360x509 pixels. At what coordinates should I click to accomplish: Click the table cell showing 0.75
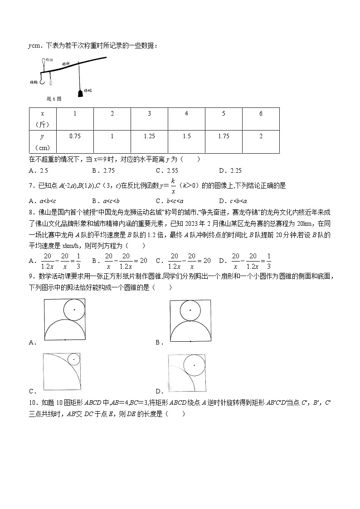pyautogui.click(x=75, y=136)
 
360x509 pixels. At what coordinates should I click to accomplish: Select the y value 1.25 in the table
pyautogui.click(x=149, y=136)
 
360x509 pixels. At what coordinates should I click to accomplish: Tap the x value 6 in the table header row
pyautogui.click(x=261, y=113)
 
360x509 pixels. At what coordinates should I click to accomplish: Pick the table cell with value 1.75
pyautogui.click(x=224, y=136)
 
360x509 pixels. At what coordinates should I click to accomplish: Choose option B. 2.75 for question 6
pyautogui.click(x=103, y=170)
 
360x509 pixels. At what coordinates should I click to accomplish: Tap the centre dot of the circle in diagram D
pyautogui.click(x=195, y=365)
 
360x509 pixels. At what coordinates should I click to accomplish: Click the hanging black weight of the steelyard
pyautogui.click(x=80, y=93)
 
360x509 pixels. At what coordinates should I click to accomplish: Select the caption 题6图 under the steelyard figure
pyautogui.click(x=54, y=99)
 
